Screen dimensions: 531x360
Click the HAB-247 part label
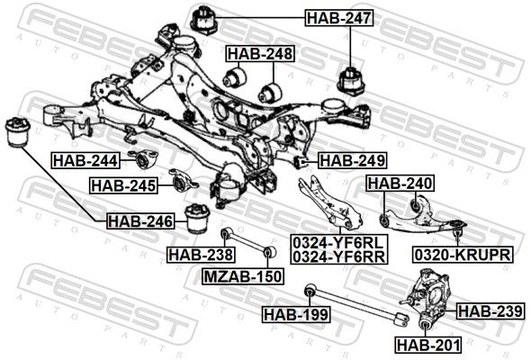point(339,18)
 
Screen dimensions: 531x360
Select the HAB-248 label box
point(260,53)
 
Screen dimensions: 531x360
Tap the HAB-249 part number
point(352,160)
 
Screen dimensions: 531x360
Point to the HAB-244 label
point(85,160)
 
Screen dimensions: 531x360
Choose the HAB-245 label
point(123,185)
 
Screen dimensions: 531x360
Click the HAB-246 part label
point(140,221)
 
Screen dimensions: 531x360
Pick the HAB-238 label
point(201,255)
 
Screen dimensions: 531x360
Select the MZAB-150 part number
point(243,276)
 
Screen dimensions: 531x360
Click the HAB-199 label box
point(296,314)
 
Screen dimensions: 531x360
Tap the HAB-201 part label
point(428,345)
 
